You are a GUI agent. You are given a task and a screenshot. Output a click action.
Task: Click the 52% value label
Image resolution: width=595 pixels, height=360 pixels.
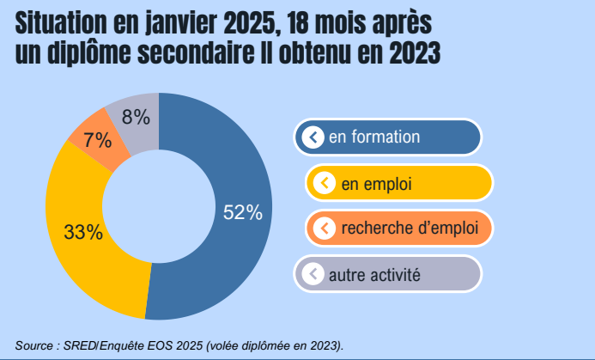[x=242, y=213]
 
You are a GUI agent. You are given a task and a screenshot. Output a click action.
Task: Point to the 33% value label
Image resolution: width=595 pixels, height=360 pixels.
[x=83, y=232]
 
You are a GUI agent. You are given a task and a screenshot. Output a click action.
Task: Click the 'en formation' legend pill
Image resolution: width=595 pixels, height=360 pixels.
[x=387, y=137]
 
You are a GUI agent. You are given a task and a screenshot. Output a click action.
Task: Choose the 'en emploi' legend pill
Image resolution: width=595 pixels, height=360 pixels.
[x=398, y=183]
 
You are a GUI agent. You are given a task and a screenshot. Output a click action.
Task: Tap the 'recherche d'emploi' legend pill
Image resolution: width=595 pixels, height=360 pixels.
[x=398, y=229]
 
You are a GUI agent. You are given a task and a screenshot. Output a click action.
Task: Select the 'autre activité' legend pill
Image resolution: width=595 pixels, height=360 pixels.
[x=387, y=275]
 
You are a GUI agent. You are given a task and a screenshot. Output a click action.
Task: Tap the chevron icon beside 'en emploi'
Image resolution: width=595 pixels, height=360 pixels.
[x=325, y=183]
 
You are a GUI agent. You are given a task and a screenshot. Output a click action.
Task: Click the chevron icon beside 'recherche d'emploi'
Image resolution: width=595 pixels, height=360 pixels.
[x=325, y=229]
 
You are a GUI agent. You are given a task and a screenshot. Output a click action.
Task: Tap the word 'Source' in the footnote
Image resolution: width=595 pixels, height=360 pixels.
[x=33, y=345]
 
